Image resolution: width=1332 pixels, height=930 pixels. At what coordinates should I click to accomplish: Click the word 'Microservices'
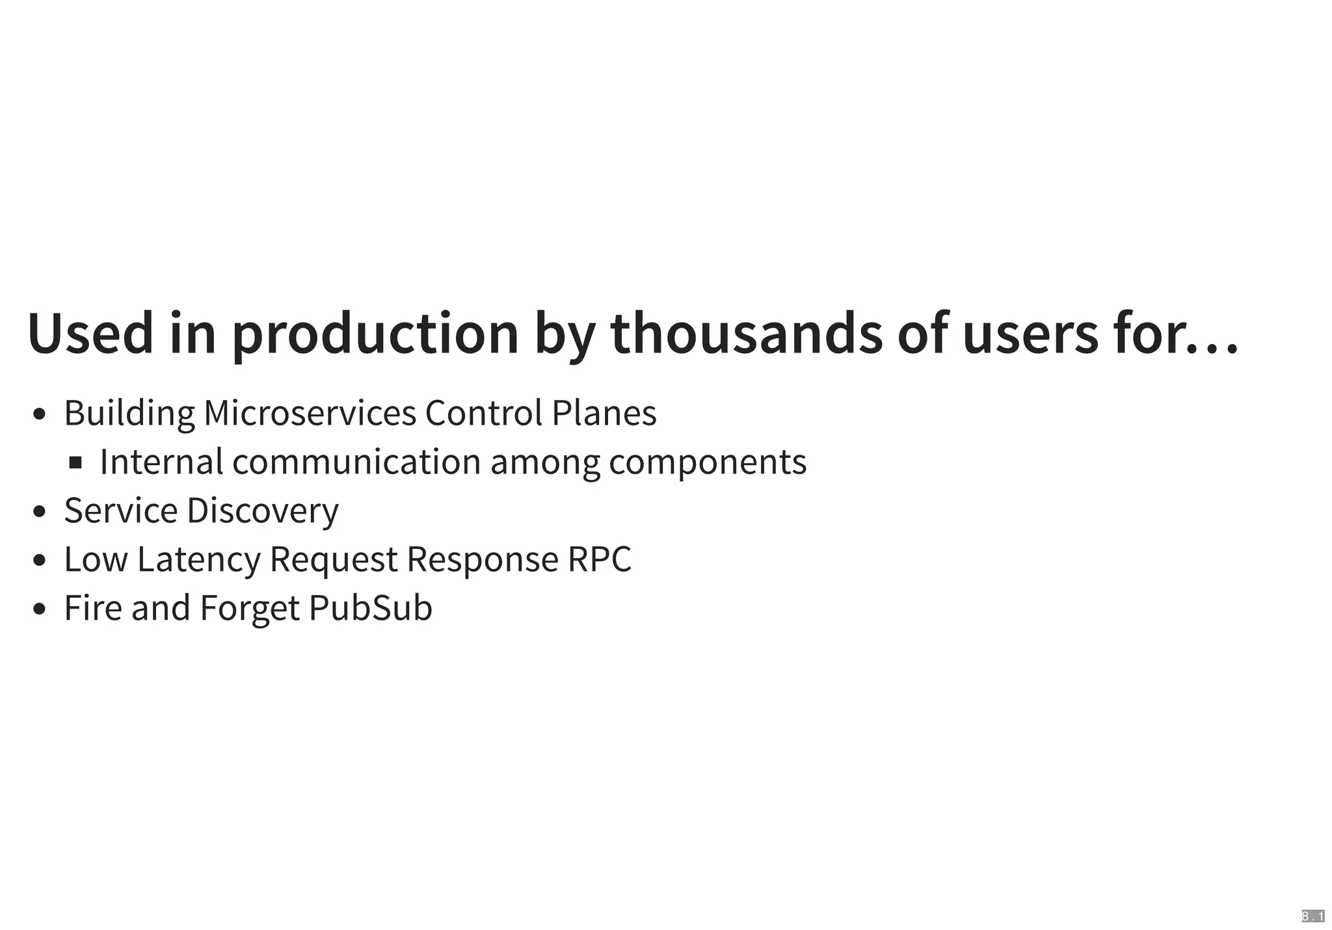coord(310,412)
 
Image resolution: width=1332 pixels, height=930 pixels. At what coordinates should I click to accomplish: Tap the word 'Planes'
coord(604,412)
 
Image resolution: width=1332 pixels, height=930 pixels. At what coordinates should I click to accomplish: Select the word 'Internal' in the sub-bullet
coord(161,462)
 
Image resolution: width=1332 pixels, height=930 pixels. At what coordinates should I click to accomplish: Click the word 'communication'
coord(356,462)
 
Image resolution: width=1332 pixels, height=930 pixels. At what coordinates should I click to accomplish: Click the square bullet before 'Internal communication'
coord(75,462)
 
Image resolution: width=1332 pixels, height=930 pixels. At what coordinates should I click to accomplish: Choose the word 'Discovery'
coord(263,511)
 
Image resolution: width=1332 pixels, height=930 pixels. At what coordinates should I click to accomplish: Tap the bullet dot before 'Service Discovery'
coord(39,511)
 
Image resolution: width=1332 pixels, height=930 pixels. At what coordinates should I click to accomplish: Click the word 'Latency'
coord(199,559)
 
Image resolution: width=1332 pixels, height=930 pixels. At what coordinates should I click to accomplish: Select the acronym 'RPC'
coord(599,559)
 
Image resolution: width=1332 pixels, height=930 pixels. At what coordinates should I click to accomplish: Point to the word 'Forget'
coord(250,608)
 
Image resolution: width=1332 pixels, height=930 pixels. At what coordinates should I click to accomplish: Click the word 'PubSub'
coord(371,608)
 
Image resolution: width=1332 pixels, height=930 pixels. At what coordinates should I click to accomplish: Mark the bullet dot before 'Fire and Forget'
coord(39,609)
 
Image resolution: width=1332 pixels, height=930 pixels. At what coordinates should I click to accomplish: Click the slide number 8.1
coord(1312,916)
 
